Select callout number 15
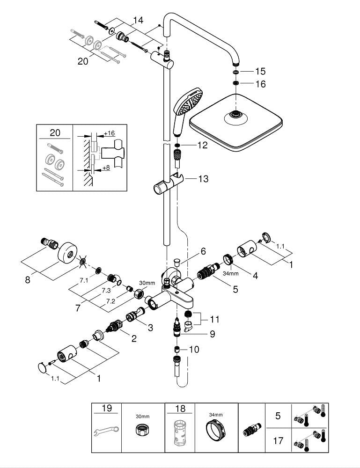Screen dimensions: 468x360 point(260,72)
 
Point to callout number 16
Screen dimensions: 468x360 point(260,84)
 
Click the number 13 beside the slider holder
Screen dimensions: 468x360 point(203,179)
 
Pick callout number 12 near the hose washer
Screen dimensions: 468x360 point(202,146)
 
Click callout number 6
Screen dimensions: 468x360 point(203,251)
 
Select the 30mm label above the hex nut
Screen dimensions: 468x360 point(147,283)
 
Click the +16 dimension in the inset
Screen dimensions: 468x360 point(109,133)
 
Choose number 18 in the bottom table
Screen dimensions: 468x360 point(180,409)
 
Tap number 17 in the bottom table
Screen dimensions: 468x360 point(278,440)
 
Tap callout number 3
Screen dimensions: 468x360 point(150,328)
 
